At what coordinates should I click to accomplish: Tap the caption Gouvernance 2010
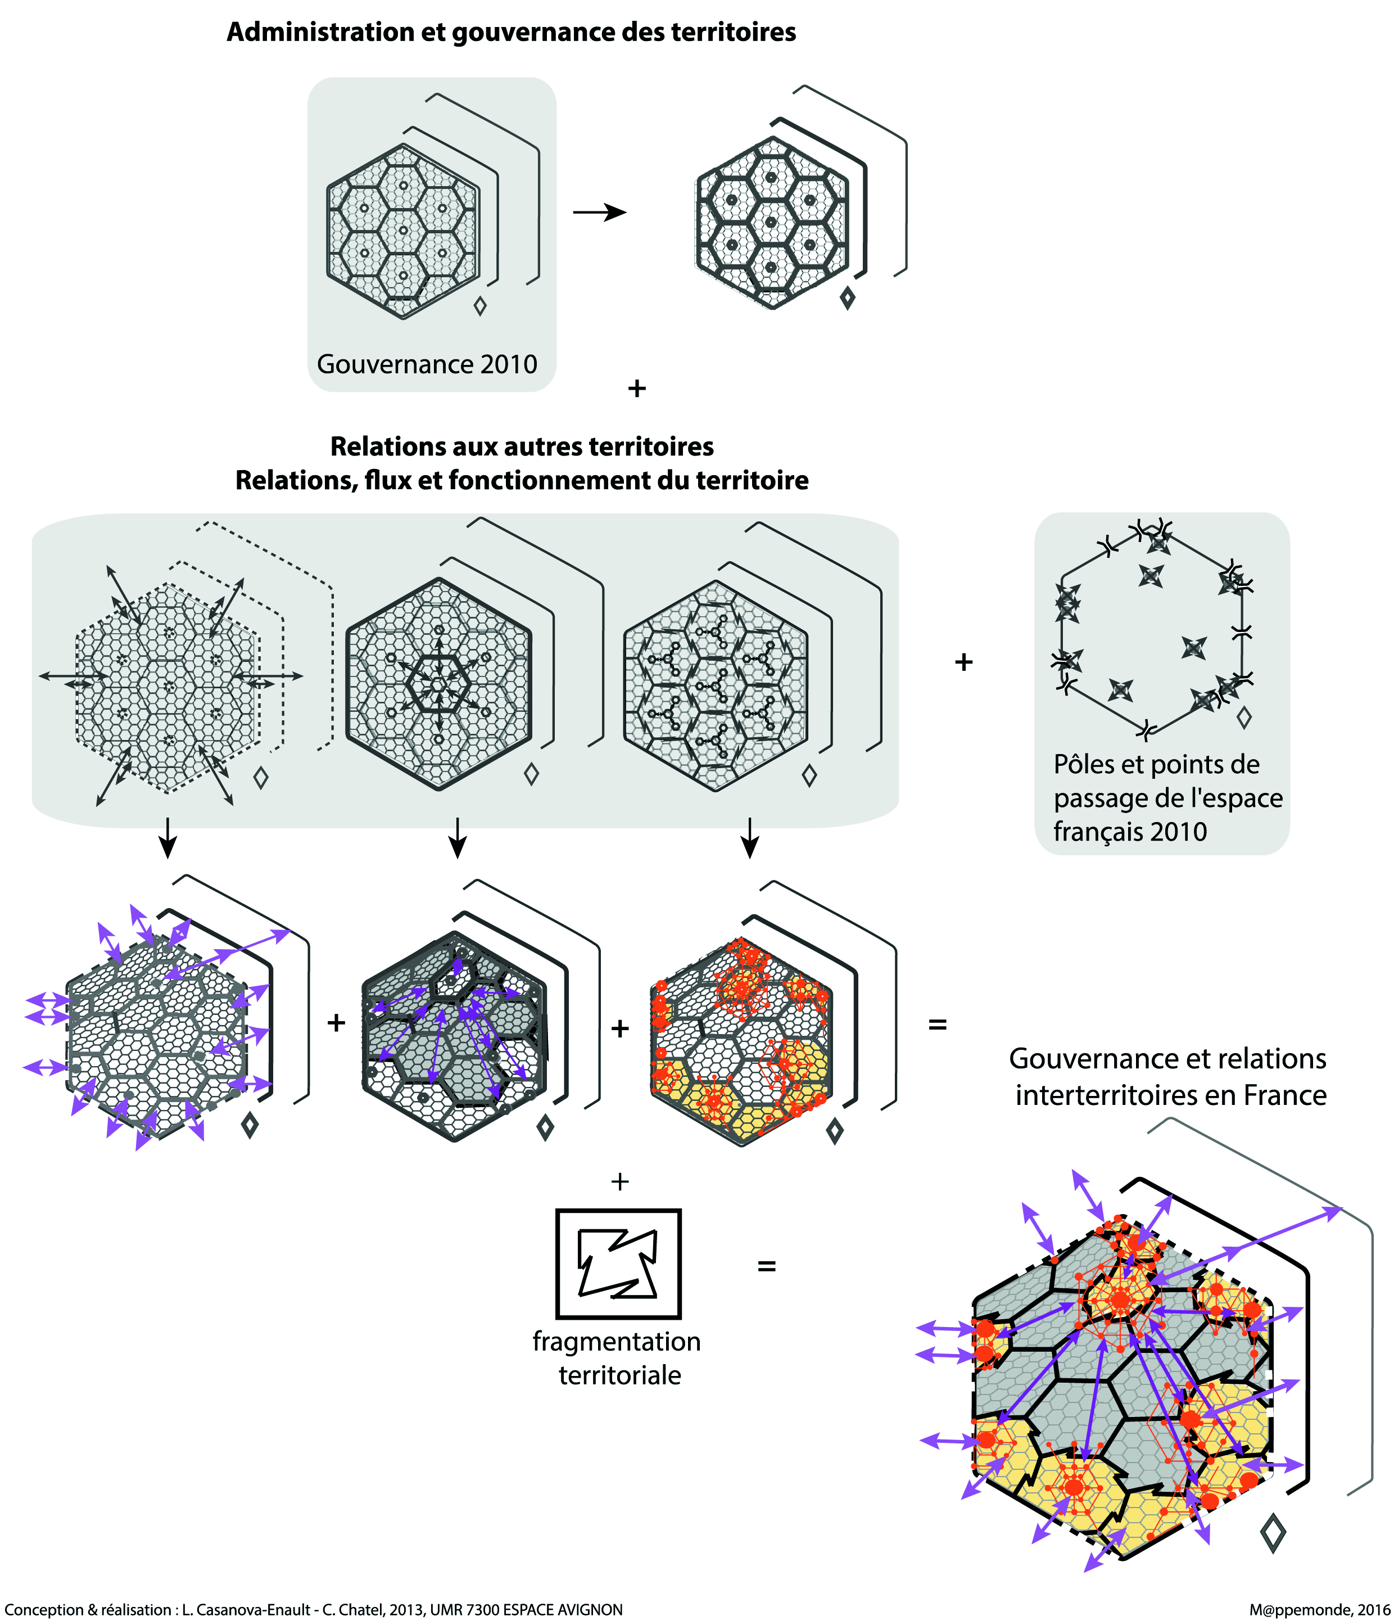tap(427, 364)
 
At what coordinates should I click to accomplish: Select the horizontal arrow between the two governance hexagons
tap(599, 212)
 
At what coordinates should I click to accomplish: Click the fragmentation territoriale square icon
tap(618, 1264)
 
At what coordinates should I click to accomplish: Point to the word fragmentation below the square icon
tap(617, 1342)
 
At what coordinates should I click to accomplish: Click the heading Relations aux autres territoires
tap(522, 446)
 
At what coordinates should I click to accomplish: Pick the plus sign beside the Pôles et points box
tap(963, 662)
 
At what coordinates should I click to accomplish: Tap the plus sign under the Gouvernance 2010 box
tap(637, 388)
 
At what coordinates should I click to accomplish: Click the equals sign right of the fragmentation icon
tap(767, 1266)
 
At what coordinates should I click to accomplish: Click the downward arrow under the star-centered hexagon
tap(458, 838)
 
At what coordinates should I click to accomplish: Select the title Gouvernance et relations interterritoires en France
tap(1167, 1077)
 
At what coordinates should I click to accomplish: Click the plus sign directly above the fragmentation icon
tap(619, 1181)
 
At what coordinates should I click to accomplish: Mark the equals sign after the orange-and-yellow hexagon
tap(938, 1024)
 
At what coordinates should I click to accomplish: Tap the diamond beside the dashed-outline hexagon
tap(261, 777)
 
